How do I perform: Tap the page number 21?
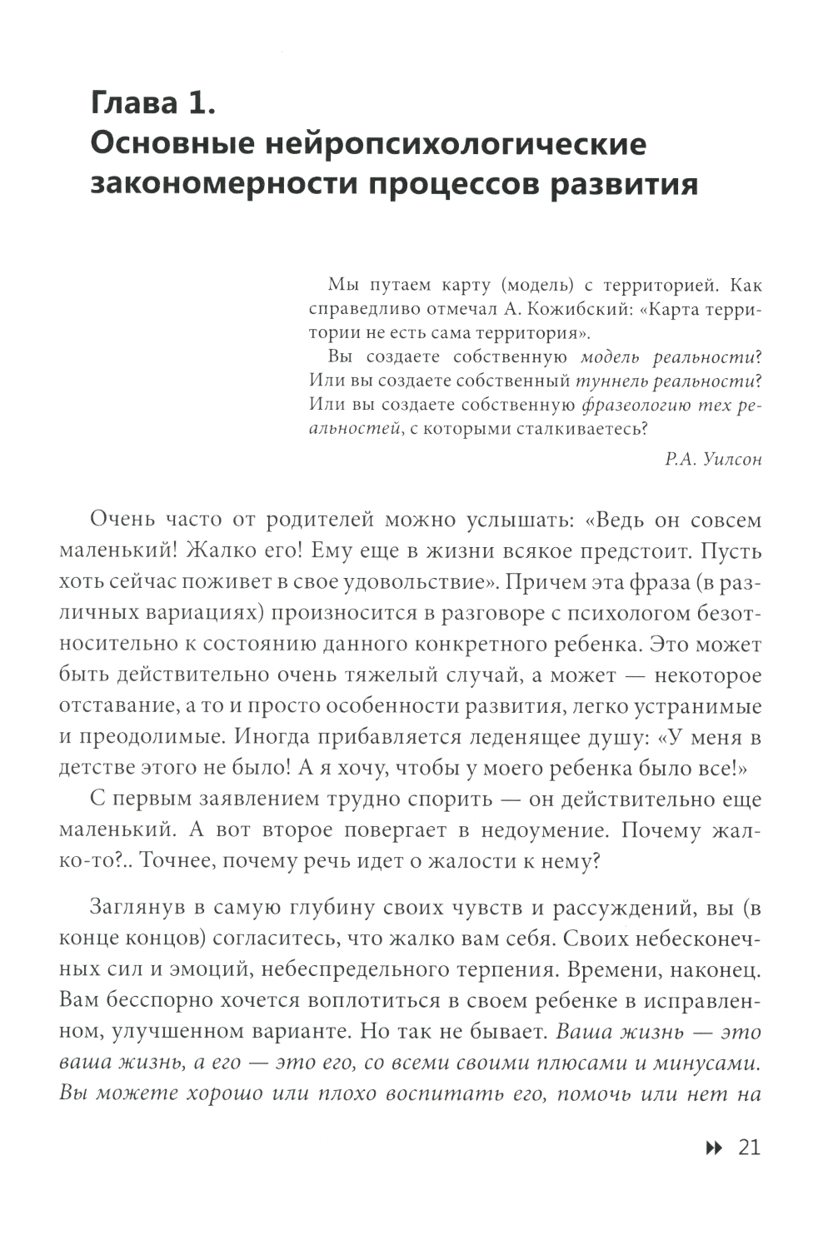coord(750,1148)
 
